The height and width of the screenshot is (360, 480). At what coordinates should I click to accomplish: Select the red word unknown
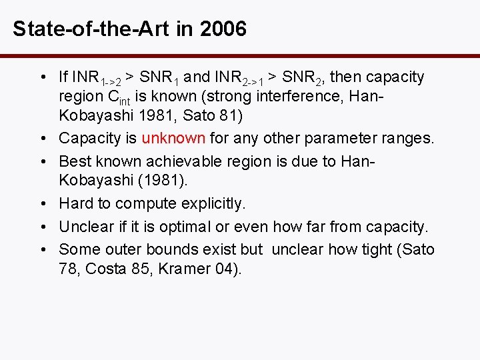(x=173, y=139)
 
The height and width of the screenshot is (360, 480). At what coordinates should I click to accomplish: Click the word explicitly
(x=207, y=204)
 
